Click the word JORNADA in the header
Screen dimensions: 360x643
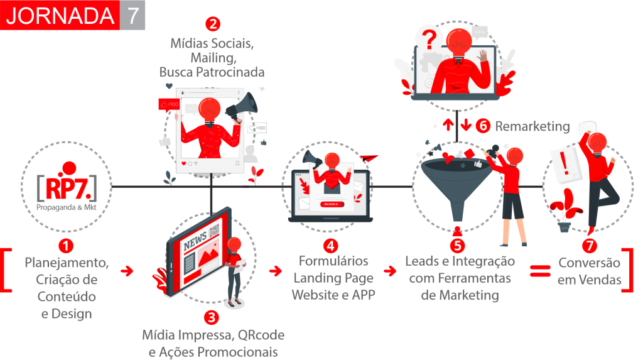pos(60,16)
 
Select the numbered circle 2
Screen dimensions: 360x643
pos(213,25)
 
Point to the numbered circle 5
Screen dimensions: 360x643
pos(458,245)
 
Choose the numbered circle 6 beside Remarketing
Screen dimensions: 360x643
pos(483,126)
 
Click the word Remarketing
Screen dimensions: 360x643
pos(532,127)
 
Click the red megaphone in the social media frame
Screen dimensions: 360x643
pos(243,106)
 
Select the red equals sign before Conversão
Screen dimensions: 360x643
pos(539,271)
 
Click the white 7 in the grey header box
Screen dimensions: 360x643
pos(132,16)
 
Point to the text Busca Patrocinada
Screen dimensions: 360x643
pos(212,72)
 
